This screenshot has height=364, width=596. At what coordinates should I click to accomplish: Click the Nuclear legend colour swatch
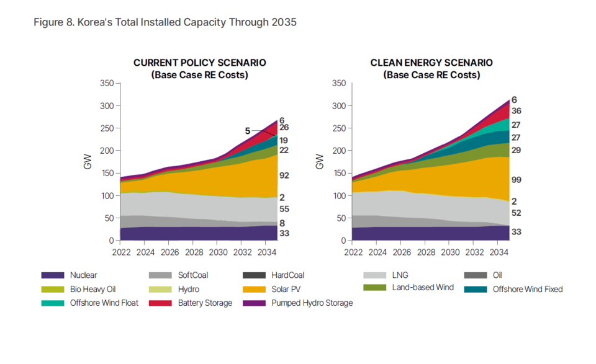click(x=52, y=275)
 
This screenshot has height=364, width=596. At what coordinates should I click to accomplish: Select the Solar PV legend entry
click(x=286, y=289)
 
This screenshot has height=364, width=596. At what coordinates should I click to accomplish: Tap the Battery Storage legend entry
click(x=205, y=303)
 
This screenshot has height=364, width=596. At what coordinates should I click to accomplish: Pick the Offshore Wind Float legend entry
click(x=104, y=303)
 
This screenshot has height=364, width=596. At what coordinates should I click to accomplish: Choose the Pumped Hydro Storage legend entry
click(x=312, y=303)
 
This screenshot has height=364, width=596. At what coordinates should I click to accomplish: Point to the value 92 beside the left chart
click(x=284, y=175)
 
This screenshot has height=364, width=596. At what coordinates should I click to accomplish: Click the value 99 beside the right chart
click(x=516, y=180)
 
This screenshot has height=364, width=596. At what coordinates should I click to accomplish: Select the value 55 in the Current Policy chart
click(x=284, y=210)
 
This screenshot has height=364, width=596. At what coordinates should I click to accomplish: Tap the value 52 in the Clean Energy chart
click(x=516, y=213)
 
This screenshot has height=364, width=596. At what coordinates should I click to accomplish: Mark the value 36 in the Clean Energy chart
click(x=516, y=111)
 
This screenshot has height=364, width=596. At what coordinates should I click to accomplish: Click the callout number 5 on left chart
click(x=247, y=131)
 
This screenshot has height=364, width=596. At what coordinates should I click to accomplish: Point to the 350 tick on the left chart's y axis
click(x=106, y=84)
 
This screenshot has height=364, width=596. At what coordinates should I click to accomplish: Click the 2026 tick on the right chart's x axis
click(x=402, y=252)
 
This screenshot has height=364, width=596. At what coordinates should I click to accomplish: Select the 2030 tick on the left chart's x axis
click(x=217, y=252)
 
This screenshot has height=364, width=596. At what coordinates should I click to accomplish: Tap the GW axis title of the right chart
click(x=319, y=162)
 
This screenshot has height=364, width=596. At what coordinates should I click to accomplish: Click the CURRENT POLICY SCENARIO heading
click(x=199, y=63)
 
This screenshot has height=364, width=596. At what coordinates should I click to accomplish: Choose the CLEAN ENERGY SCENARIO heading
click(x=431, y=63)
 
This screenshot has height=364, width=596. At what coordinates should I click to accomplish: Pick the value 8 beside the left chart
click(x=282, y=223)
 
